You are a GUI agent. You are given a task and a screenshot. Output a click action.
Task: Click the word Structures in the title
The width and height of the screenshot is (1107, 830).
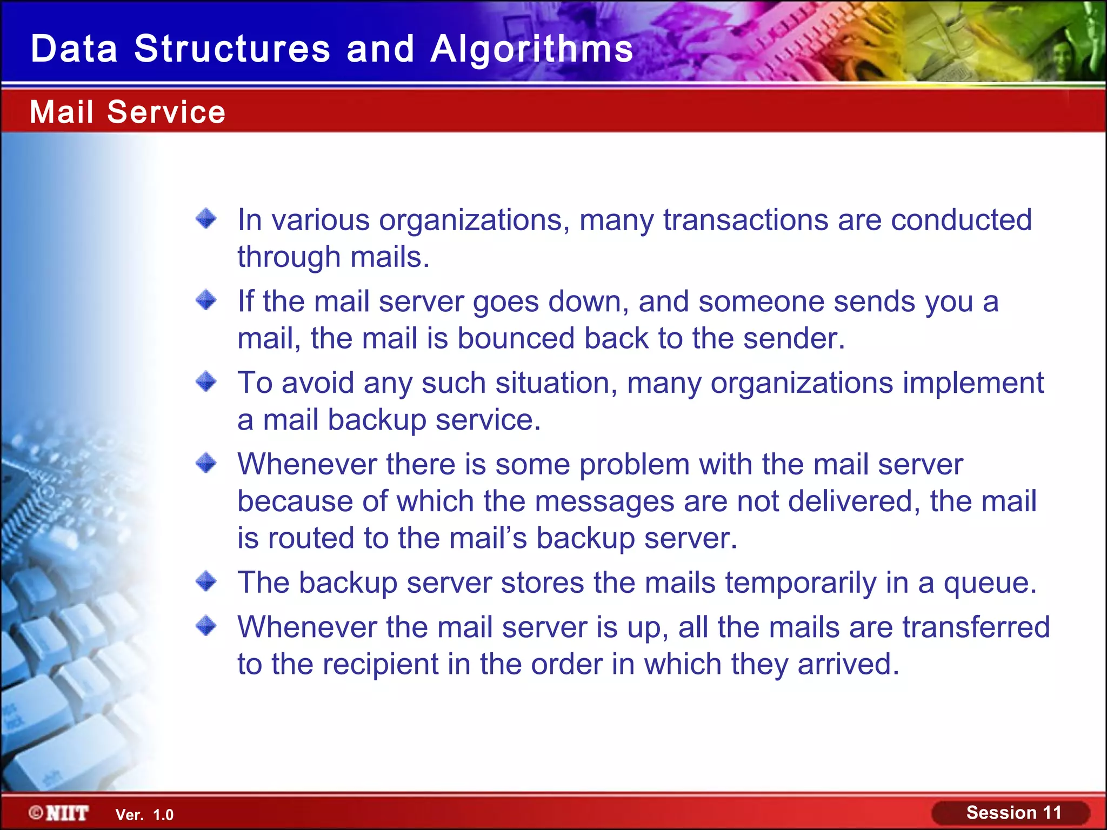232,49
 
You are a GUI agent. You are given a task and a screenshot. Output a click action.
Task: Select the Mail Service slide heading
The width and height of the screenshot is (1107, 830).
128,112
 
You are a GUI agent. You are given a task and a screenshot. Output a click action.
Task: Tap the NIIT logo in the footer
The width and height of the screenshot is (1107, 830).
59,813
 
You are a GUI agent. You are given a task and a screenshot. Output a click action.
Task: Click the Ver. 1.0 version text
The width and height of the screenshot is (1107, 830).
144,815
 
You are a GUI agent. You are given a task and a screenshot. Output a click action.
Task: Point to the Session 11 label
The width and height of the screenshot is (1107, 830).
1013,813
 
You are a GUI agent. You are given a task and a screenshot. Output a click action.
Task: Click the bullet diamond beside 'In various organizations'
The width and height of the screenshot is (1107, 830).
206,219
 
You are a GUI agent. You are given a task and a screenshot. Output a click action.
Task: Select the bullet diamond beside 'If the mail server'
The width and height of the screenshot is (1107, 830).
206,300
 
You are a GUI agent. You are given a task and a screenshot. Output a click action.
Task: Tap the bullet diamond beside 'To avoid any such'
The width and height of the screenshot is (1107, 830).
206,381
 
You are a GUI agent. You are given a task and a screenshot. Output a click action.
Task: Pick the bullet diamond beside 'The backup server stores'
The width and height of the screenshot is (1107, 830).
206,582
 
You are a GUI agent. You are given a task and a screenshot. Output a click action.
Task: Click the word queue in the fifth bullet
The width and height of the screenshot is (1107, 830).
989,584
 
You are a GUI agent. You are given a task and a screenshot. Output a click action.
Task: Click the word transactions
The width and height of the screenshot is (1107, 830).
745,220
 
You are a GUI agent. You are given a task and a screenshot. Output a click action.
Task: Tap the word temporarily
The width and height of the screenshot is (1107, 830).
801,584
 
